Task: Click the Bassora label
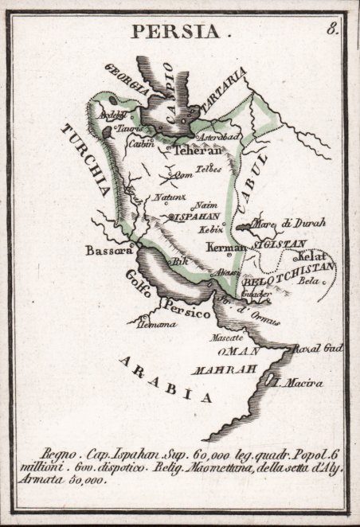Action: tap(108, 250)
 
